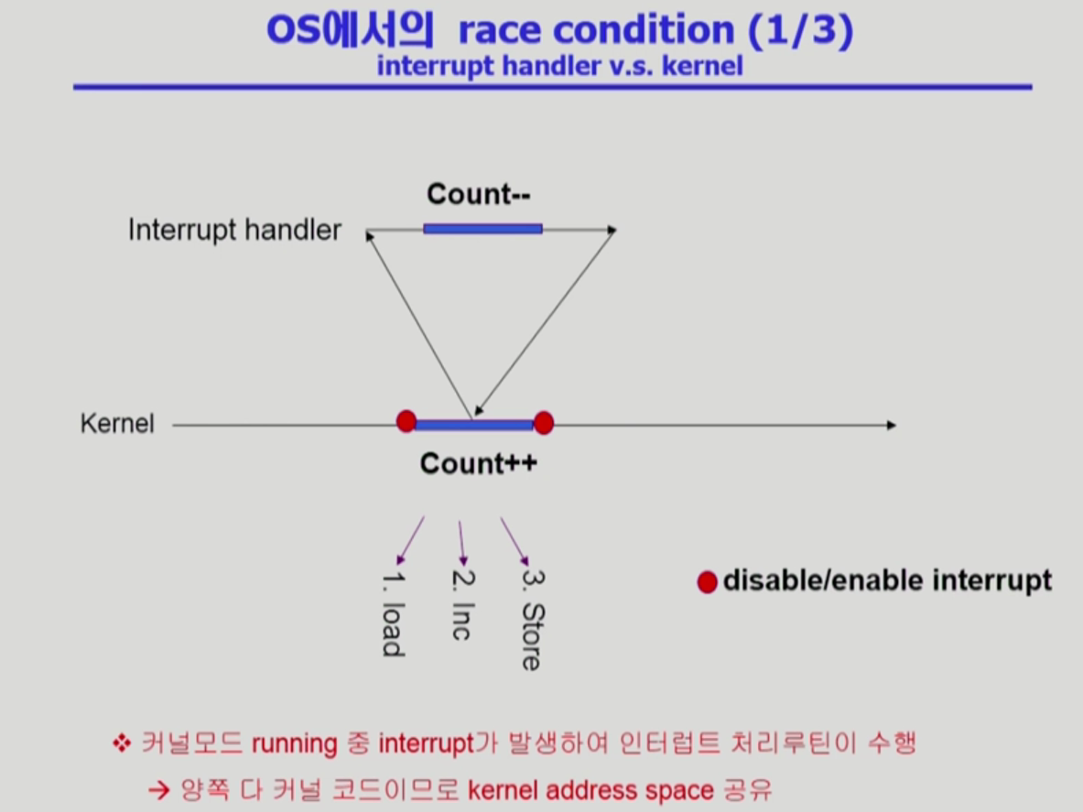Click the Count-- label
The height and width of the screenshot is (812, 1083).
click(479, 194)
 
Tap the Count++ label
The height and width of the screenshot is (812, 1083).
click(479, 463)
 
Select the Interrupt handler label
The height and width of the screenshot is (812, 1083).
click(235, 230)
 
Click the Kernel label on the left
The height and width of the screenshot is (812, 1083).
click(117, 423)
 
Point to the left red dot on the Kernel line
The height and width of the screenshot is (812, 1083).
click(406, 421)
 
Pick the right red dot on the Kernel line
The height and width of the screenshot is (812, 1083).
click(544, 423)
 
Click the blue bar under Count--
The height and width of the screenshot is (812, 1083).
click(482, 229)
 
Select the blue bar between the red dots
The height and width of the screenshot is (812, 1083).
click(474, 425)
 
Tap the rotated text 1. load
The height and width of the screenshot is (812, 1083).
click(393, 613)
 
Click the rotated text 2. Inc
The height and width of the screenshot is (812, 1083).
click(462, 605)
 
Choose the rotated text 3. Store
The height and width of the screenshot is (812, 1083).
click(533, 620)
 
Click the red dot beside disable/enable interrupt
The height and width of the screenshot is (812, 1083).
click(708, 582)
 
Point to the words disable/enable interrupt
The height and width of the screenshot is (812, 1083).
click(887, 580)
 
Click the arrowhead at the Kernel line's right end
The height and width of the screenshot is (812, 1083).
click(892, 426)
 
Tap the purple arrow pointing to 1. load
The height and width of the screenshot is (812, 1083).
click(410, 541)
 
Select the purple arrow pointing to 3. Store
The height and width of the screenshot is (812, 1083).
click(515, 542)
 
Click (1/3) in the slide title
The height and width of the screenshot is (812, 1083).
click(800, 30)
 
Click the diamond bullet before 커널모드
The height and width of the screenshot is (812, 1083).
click(122, 743)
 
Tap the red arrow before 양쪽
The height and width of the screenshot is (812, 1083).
click(159, 790)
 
